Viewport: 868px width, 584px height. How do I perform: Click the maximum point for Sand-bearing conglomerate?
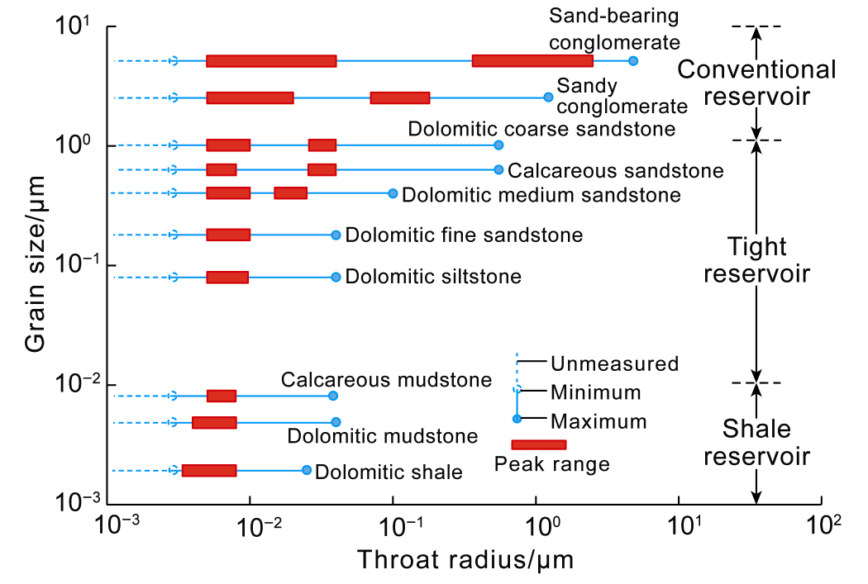[x=633, y=60]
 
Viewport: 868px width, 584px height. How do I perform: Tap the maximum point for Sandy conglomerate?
[x=548, y=97]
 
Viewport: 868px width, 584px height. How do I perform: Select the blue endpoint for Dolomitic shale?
[x=307, y=470]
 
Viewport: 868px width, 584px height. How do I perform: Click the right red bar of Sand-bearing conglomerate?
[x=532, y=60]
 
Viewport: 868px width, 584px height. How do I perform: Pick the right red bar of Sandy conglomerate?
[x=400, y=97]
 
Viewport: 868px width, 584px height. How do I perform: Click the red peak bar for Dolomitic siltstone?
[x=227, y=277]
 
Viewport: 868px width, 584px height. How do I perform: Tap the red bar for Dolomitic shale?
[x=209, y=470]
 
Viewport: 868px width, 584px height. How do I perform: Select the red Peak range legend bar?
[x=539, y=444]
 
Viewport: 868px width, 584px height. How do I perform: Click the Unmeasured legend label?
[x=614, y=363]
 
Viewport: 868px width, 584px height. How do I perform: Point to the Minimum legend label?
[x=595, y=392]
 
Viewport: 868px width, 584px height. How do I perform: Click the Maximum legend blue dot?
[x=517, y=419]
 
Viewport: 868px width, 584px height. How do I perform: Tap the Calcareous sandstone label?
[x=616, y=171]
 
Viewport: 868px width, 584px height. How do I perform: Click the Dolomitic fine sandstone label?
[x=464, y=235]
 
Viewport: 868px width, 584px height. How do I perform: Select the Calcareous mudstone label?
[x=386, y=380]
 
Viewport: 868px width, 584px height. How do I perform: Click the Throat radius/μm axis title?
[x=465, y=559]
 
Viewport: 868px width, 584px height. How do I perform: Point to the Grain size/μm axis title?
[x=34, y=265]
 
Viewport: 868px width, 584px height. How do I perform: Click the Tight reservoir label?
[x=756, y=259]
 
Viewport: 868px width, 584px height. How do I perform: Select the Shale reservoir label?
[x=756, y=442]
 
